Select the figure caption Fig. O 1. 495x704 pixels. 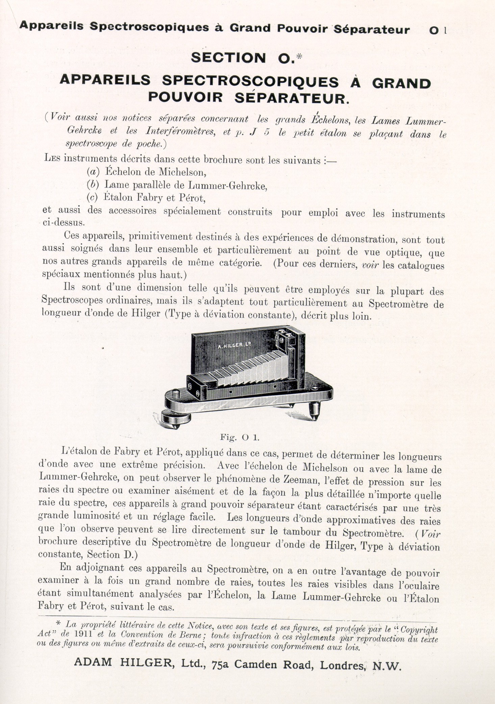tap(240, 437)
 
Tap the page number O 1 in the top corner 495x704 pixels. tap(438, 30)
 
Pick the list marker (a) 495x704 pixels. tap(93, 172)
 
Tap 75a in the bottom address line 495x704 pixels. tap(221, 665)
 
